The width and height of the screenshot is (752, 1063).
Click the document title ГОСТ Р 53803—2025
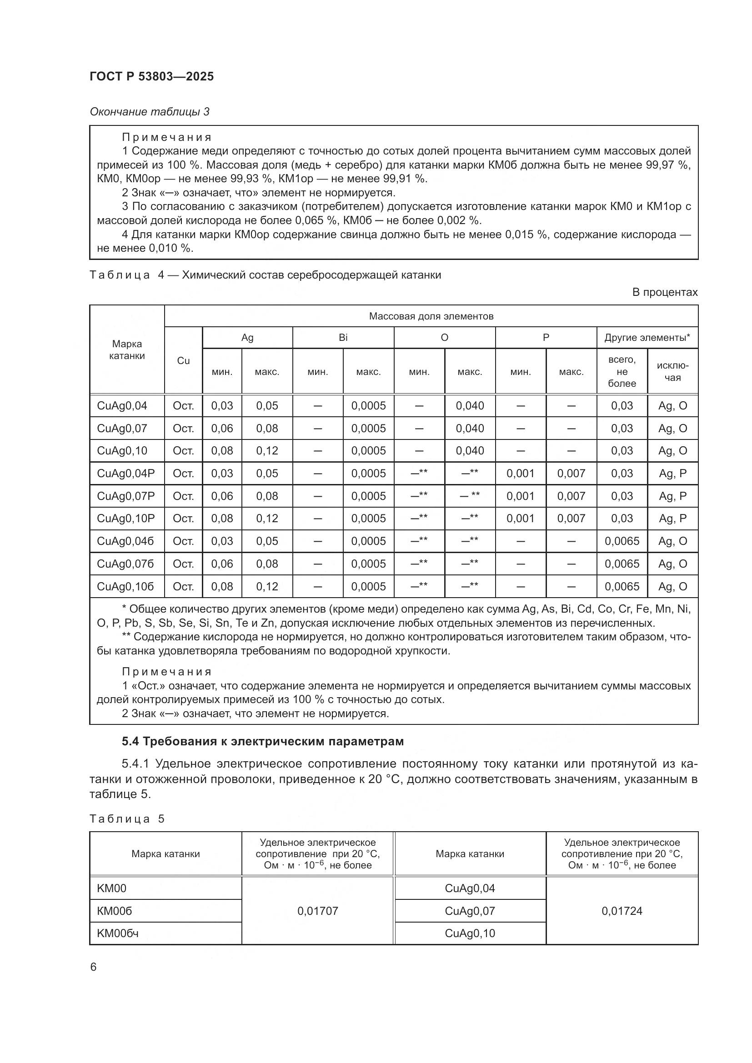pos(151,76)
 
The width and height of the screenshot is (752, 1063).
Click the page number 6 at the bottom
pos(94,967)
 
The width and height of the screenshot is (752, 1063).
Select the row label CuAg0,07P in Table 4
pos(125,496)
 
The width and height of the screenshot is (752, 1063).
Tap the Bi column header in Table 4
pos(343,338)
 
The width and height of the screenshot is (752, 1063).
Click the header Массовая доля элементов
pos(431,316)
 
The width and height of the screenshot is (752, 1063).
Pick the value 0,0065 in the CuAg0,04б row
pos(622,541)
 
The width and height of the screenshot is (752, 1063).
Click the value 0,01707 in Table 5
pos(317,911)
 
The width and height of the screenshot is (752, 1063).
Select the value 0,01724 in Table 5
pos(622,911)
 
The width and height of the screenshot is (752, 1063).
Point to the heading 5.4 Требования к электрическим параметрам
pos(262,741)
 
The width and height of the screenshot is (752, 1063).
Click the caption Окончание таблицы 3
pos(150,112)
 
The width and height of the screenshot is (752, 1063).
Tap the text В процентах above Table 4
pos(665,292)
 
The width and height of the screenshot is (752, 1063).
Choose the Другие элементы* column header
pos(647,338)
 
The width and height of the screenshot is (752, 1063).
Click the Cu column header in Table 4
pos(183,361)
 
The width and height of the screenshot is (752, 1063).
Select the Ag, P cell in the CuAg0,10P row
pos(672,519)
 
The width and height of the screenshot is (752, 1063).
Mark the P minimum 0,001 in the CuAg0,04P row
pos(520,473)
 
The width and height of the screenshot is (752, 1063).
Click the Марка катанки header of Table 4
pos(127,349)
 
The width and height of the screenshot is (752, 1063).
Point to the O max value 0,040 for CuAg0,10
pos(470,450)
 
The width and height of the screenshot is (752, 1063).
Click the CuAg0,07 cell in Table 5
pos(470,911)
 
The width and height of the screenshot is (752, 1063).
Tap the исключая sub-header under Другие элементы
pos(672,372)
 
